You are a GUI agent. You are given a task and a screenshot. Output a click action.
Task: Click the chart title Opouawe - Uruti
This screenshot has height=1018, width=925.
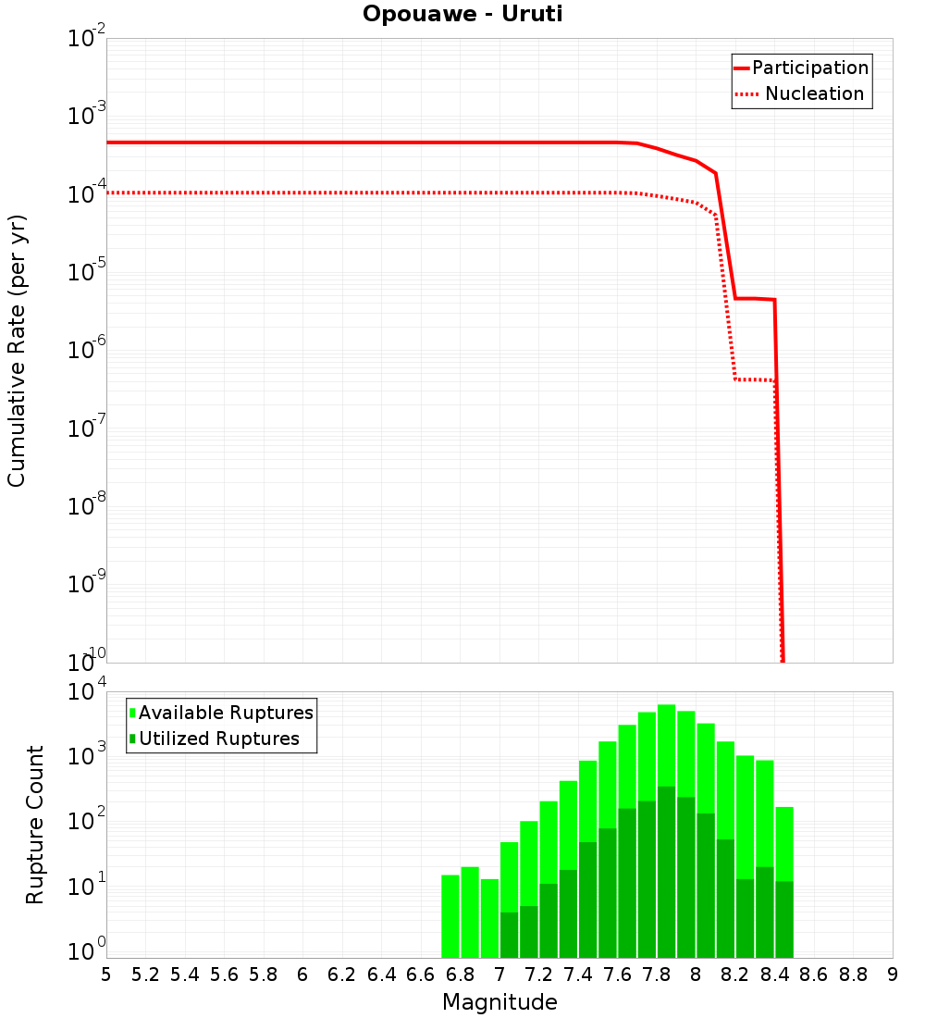point(462,15)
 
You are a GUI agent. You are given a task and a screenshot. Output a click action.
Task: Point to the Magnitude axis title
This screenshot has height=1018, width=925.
point(499,1002)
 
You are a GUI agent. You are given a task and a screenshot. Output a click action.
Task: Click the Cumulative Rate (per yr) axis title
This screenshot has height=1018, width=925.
point(17,350)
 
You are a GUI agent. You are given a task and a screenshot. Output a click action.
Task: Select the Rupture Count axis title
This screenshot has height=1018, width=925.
point(35,825)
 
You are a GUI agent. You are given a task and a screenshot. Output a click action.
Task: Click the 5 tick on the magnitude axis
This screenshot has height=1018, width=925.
point(106,974)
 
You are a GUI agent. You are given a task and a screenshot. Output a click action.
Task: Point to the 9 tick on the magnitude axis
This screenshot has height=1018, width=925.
point(893,974)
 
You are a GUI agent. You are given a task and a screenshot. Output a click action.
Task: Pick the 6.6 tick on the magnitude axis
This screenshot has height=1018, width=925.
point(421,974)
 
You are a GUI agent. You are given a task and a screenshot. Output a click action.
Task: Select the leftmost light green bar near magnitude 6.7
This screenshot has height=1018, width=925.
point(450,916)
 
